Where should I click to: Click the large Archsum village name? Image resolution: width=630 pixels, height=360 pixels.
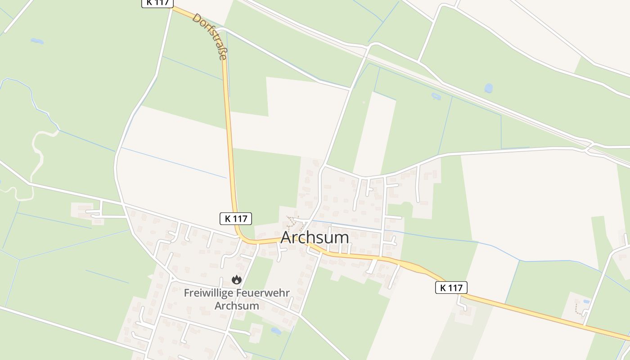[315, 237]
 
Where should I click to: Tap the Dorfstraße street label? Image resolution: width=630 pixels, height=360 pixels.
[209, 36]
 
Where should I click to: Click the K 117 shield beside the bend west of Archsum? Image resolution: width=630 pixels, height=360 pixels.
[235, 219]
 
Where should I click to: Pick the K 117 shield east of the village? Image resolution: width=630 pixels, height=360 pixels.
[451, 288]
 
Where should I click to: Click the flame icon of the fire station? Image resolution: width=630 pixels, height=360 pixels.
[237, 280]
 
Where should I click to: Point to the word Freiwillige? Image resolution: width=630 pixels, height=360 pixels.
[208, 293]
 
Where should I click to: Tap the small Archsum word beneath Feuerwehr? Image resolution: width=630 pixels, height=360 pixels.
[237, 306]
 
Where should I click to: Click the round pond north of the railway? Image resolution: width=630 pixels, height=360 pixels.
[488, 88]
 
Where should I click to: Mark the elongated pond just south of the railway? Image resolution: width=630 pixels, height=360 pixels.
[436, 96]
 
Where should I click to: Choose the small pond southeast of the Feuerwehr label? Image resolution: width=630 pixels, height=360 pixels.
[276, 331]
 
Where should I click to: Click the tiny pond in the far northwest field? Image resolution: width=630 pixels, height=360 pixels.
[37, 41]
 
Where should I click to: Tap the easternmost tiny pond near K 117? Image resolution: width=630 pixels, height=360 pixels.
[585, 301]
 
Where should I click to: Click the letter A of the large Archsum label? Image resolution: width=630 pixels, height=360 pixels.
[288, 238]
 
